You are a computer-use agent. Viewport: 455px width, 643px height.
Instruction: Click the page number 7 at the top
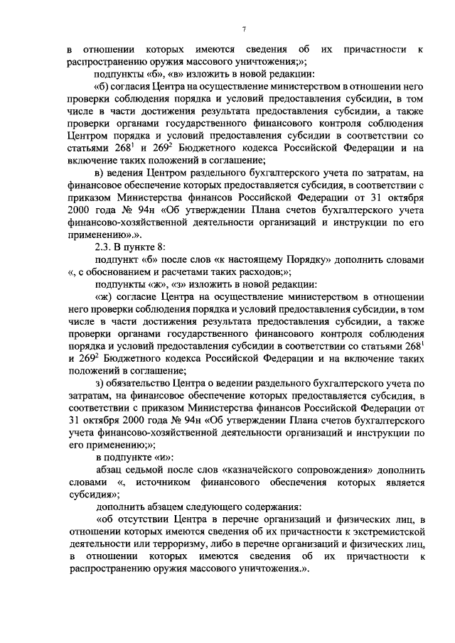coord(243,28)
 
